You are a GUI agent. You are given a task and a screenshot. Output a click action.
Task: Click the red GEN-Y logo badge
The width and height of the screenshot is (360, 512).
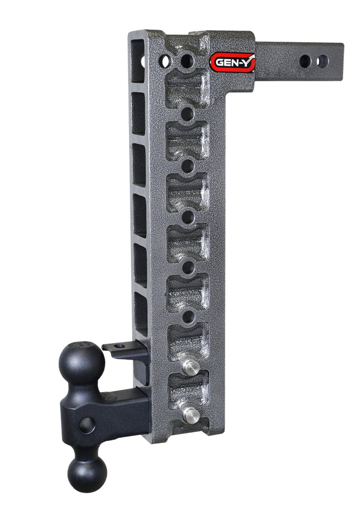click(x=232, y=62)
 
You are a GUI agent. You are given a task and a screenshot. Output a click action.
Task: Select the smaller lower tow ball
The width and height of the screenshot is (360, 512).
click(x=87, y=473)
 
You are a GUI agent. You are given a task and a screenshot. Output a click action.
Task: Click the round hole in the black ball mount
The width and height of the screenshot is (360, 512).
click(x=87, y=424)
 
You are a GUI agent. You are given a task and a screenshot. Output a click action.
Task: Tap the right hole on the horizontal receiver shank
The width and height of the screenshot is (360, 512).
click(x=322, y=61)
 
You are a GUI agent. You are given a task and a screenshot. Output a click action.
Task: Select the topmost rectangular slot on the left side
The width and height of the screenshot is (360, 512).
click(x=137, y=54)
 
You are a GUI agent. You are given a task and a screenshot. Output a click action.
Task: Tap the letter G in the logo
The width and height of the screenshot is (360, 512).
click(x=218, y=63)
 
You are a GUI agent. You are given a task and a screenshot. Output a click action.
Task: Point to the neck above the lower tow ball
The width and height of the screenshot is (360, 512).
click(x=86, y=449)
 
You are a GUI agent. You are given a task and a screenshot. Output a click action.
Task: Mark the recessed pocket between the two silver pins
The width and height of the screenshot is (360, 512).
click(x=187, y=390)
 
